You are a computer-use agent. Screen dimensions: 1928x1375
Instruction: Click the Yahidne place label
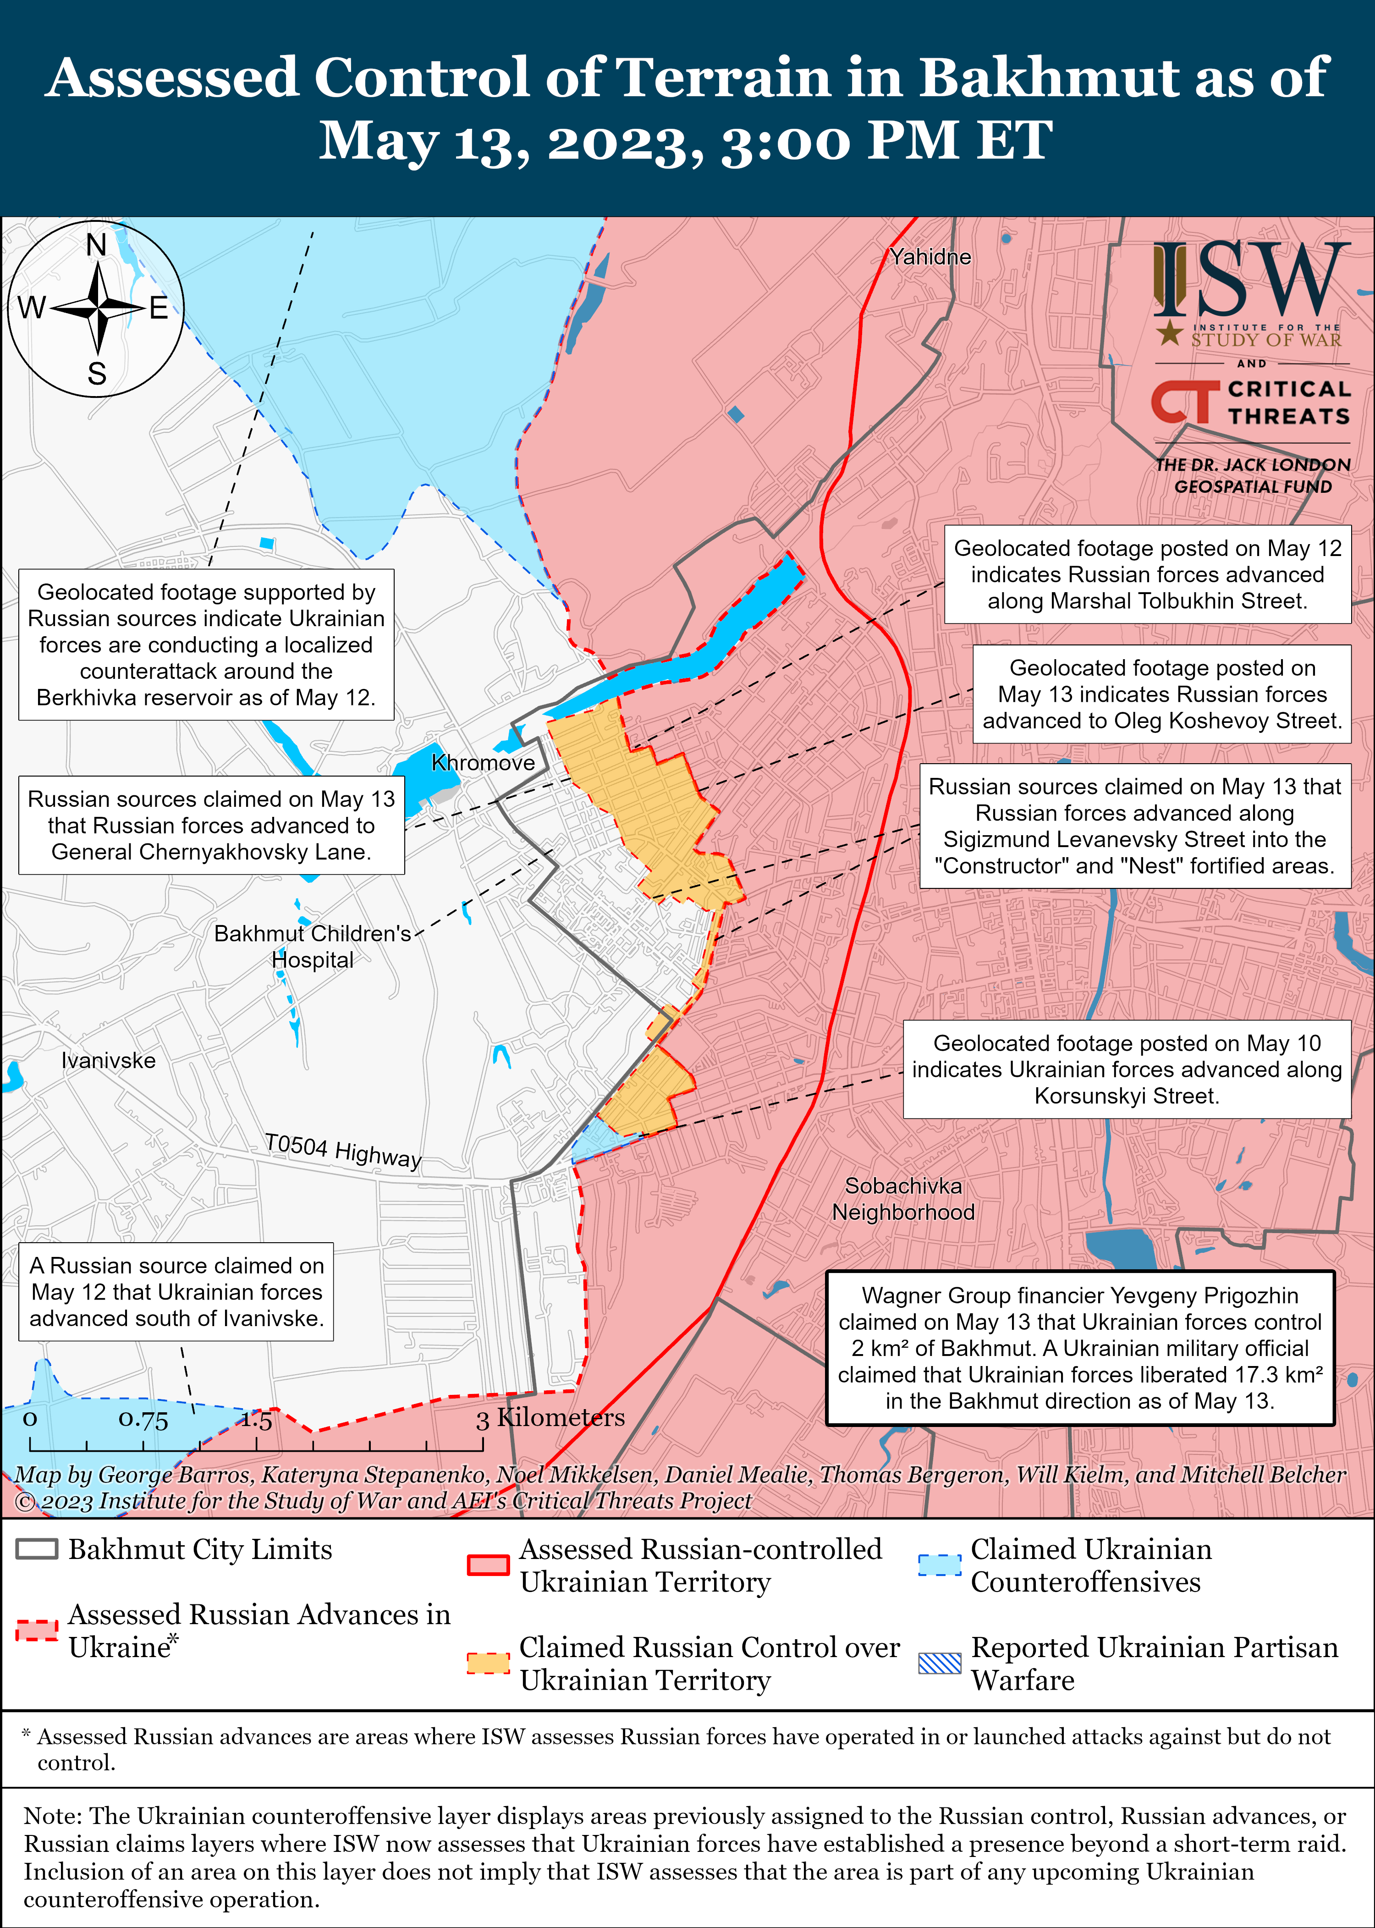pos(929,257)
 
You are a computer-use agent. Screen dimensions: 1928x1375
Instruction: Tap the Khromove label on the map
pos(483,763)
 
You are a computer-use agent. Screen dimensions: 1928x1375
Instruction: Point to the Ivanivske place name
pos(108,1060)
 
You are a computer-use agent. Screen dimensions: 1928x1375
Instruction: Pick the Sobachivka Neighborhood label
pos(902,1199)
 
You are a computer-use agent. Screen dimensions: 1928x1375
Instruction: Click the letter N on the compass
pos(97,246)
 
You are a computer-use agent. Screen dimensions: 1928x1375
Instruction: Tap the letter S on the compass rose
pos(97,374)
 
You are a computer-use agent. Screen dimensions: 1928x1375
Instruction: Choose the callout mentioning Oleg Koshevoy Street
pos(1161,694)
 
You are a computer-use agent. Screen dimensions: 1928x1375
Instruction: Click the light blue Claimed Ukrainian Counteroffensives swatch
pos(940,1565)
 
